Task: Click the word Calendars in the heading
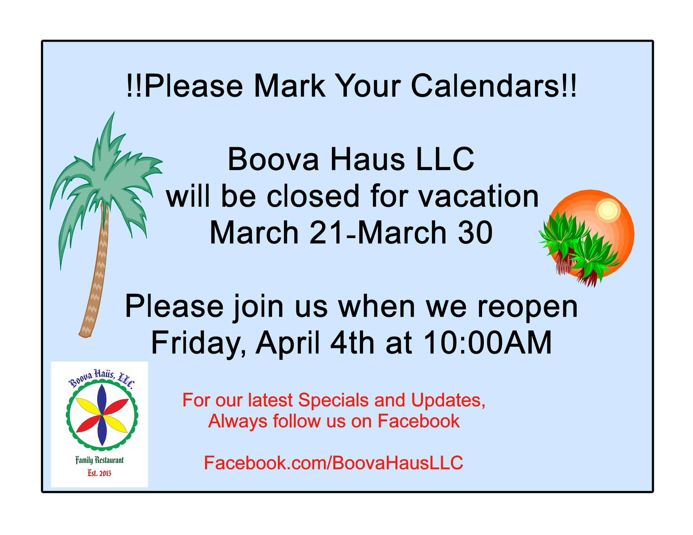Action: (x=494, y=86)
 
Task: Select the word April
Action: (x=288, y=344)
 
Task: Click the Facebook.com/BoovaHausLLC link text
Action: (x=333, y=463)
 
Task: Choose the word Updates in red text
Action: (x=448, y=400)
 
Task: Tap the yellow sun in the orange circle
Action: (x=607, y=210)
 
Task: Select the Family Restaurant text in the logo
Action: (x=99, y=460)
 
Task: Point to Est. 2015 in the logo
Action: (x=99, y=473)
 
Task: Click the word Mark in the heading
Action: (x=289, y=86)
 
